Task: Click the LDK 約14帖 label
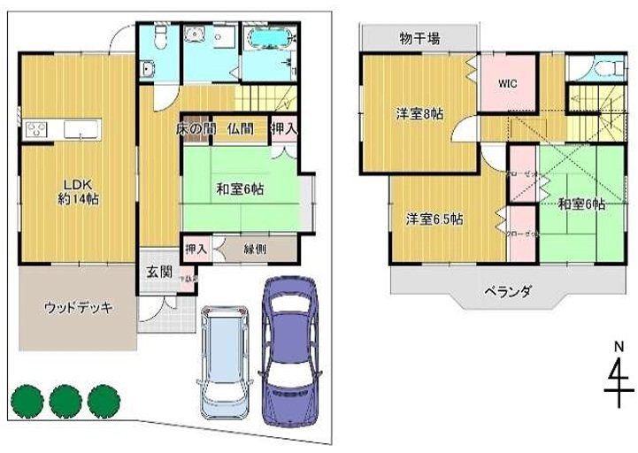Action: (x=79, y=190)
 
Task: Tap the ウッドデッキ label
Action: (x=78, y=308)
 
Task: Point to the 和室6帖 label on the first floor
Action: (x=242, y=188)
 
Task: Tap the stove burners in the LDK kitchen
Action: (x=37, y=132)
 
